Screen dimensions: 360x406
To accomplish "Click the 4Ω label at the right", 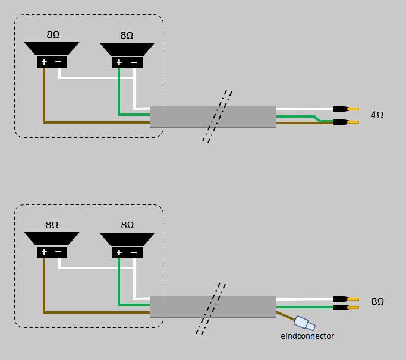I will click(x=377, y=115).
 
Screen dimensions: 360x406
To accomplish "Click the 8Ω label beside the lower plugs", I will click(x=377, y=302).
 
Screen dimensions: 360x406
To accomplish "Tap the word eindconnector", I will click(x=307, y=336).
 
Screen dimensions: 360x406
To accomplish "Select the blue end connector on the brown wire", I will click(x=305, y=323).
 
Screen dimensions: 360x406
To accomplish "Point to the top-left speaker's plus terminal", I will click(x=44, y=62).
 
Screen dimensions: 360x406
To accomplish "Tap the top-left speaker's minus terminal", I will click(x=58, y=62).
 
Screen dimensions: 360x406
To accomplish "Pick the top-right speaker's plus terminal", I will click(x=119, y=62).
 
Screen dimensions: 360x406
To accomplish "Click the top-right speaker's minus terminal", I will click(x=134, y=62).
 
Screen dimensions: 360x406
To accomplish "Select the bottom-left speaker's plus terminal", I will click(x=44, y=252).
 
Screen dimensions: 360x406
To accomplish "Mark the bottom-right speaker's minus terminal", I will click(x=134, y=252).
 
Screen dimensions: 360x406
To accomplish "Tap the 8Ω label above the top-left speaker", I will click(x=53, y=35).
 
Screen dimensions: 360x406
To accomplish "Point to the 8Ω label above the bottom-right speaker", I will click(x=127, y=225).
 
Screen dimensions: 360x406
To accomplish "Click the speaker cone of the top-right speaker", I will click(x=127, y=49).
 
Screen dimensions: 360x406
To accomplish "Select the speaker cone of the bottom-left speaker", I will click(x=52, y=239).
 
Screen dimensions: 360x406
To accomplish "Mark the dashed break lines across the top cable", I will click(x=217, y=116).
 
